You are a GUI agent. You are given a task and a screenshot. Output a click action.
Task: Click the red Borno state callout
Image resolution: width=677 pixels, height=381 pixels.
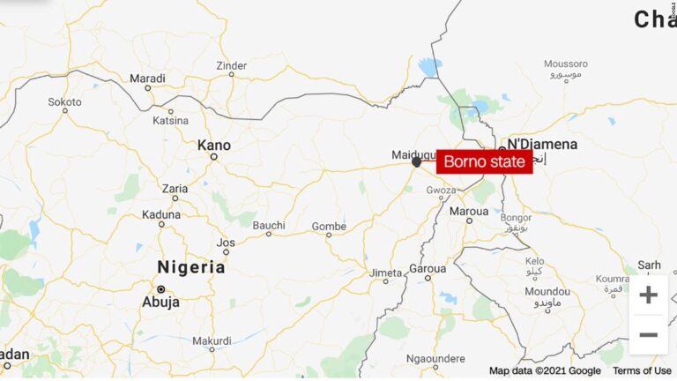point(485,161)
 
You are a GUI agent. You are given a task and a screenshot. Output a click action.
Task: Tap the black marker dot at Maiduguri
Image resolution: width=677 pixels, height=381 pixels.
point(416,162)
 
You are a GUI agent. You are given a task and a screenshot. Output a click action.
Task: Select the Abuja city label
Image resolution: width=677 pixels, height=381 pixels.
point(160,302)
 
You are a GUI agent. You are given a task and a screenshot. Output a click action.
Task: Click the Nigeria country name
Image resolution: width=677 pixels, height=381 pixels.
point(190,267)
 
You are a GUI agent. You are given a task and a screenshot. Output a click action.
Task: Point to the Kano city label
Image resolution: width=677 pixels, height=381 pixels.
point(213,144)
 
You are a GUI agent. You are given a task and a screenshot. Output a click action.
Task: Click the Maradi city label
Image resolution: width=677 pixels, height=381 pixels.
point(147,78)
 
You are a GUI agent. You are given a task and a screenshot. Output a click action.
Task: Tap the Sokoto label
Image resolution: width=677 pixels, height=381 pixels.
point(64,102)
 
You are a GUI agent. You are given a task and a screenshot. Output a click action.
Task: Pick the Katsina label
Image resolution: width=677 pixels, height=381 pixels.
point(170,120)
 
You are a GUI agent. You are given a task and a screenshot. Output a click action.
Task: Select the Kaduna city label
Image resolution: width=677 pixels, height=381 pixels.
point(160,213)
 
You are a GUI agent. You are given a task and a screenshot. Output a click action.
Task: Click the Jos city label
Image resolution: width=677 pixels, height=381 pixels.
point(227,242)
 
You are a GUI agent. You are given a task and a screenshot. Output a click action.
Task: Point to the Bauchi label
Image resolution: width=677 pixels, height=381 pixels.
point(269,226)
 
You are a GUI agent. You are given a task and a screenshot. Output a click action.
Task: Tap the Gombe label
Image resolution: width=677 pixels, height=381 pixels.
point(329,227)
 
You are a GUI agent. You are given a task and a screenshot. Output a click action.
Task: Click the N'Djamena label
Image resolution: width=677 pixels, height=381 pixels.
point(541,144)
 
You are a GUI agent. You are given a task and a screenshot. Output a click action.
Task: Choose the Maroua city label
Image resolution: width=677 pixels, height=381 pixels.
point(468,212)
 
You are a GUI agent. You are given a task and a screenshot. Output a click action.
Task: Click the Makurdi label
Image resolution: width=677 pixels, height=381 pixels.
point(212,340)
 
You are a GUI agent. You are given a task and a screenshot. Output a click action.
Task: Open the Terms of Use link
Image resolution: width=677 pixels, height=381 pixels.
point(641,371)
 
